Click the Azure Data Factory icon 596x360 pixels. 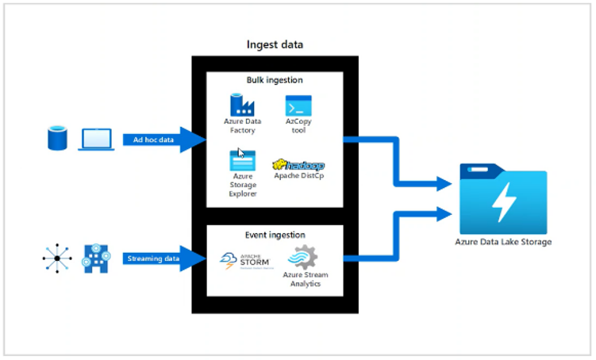tap(241, 105)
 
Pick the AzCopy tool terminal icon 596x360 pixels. tap(299, 106)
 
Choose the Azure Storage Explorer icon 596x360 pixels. tap(242, 161)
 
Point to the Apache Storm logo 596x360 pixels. tap(239, 261)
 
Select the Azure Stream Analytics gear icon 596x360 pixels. tap(302, 258)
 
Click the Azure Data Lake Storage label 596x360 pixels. tap(502, 241)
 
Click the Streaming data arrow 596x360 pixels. tap(155, 258)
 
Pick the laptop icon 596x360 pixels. tap(95, 139)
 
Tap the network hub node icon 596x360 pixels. tap(57, 259)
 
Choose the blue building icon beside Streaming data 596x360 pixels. tap(95, 258)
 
